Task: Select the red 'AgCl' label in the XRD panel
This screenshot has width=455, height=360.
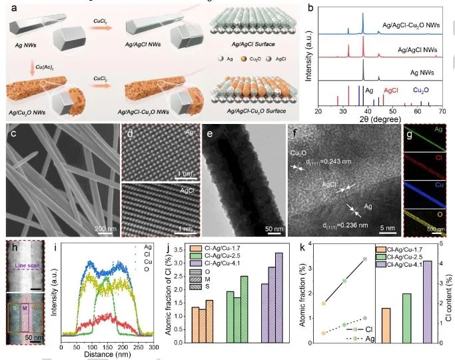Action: tap(392, 89)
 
